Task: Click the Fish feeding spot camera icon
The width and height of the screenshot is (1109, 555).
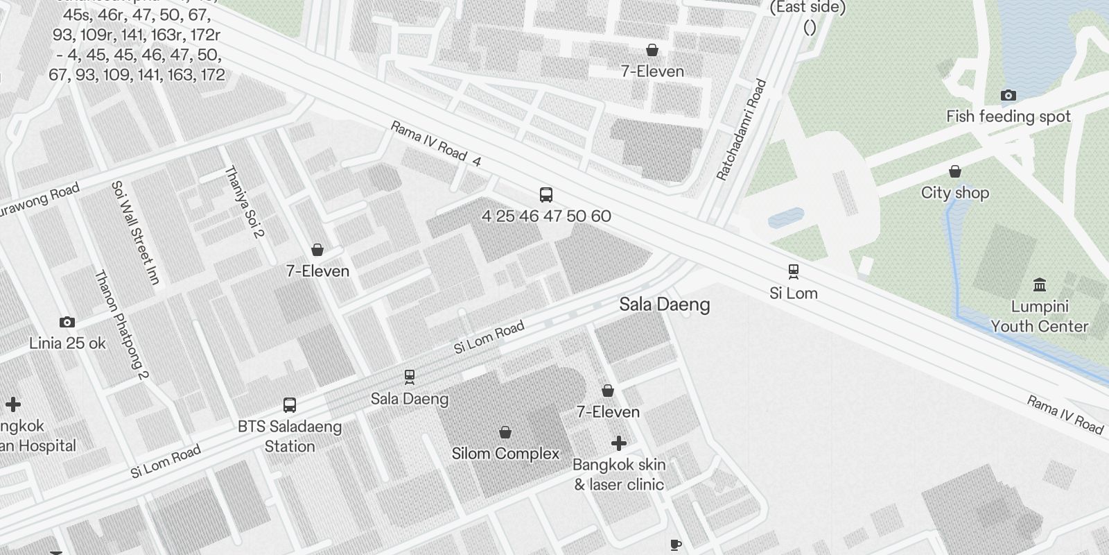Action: click(x=1008, y=96)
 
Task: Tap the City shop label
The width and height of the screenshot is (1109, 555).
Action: click(x=954, y=193)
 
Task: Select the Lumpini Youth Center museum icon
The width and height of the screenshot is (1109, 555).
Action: click(x=1040, y=285)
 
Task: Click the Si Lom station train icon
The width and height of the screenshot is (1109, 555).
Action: click(x=794, y=271)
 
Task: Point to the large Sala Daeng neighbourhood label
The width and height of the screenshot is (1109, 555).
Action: click(x=664, y=305)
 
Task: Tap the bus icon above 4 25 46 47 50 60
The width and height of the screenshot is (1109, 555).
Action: click(x=546, y=195)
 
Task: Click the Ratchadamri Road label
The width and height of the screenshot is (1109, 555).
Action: click(x=742, y=130)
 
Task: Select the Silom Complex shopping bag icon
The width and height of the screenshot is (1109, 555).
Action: click(x=505, y=432)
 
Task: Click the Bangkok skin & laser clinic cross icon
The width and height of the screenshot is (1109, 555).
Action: click(x=619, y=443)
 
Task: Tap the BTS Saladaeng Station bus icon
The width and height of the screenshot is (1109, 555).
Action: click(x=290, y=405)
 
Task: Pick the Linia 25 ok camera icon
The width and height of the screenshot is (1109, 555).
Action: click(x=67, y=322)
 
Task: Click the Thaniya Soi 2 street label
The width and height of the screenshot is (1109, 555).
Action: click(x=245, y=202)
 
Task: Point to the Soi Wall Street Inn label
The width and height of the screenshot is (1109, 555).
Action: click(x=136, y=232)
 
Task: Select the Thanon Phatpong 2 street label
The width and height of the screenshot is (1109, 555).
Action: click(x=122, y=325)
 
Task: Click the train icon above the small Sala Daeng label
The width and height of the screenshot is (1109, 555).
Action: click(x=410, y=377)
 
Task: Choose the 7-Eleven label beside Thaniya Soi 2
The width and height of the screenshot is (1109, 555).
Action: click(x=317, y=271)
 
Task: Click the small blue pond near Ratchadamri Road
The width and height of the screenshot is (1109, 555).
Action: click(x=786, y=217)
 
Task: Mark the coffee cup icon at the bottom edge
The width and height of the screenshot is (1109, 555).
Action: click(x=676, y=545)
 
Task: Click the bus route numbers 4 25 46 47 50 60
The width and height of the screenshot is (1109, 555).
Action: click(x=546, y=216)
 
